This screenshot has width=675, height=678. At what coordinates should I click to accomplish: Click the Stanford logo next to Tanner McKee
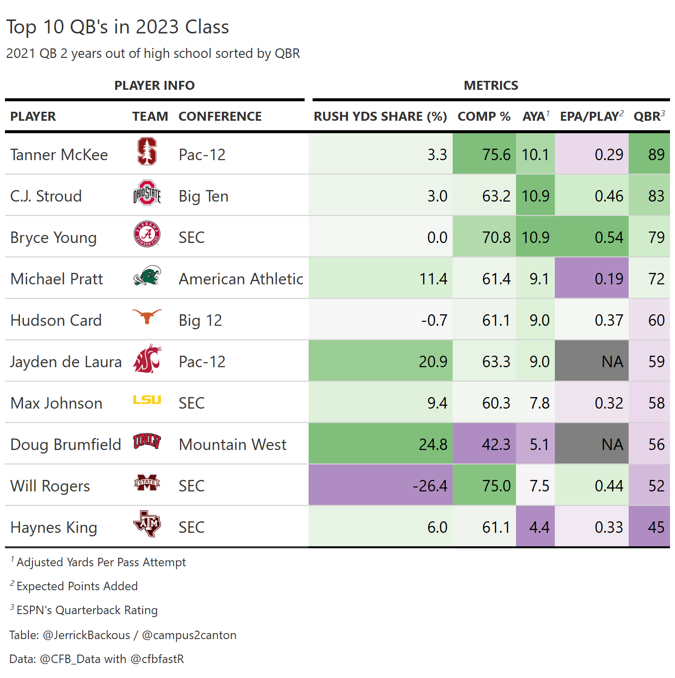tap(147, 152)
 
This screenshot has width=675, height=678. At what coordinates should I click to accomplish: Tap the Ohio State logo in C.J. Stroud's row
tap(147, 194)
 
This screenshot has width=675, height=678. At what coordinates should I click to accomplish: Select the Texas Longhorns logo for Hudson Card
tap(147, 316)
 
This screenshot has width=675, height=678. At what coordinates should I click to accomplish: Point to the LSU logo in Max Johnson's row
tap(147, 400)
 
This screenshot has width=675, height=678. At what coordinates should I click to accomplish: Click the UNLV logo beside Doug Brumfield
tap(147, 441)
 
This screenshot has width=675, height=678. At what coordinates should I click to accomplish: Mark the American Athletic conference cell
tap(241, 279)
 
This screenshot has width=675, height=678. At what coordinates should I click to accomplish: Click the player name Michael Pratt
tap(57, 279)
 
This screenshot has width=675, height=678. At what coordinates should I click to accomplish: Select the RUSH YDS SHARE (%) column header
tap(380, 116)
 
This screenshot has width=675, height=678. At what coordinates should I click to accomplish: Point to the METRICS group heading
tap(491, 85)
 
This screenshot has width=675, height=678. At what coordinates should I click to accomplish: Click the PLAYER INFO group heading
tap(155, 85)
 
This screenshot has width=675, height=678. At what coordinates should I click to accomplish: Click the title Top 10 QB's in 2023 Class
tap(118, 27)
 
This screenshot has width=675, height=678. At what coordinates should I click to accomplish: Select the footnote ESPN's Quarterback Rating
tap(87, 610)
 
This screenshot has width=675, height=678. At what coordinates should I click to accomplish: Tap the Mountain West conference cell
tap(232, 445)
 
